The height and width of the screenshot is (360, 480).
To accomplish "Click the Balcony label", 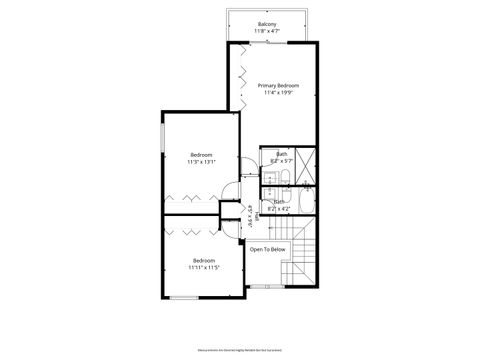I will coord(267,23).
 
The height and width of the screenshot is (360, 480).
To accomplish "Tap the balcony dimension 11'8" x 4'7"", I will coord(267,31).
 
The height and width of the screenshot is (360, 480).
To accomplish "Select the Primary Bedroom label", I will coord(279,86).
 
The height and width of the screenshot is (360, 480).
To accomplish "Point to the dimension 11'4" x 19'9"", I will coord(279,94).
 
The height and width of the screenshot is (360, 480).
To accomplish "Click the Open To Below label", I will coord(267,249).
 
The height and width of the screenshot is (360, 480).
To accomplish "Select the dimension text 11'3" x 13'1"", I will coord(202,161).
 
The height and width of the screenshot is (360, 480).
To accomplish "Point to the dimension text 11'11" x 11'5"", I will coord(205,268).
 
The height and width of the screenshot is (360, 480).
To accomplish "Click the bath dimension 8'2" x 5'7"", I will coord(281,160).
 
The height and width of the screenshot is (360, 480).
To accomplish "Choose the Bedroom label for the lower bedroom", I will coord(205,260).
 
